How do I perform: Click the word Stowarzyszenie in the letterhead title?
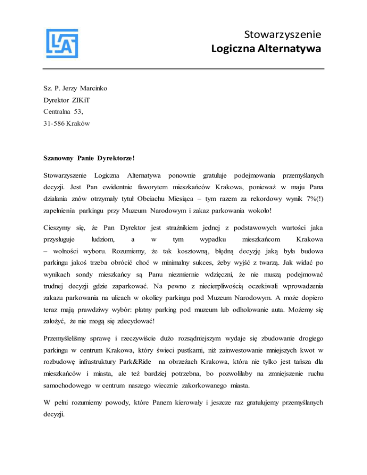(x=281, y=34)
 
